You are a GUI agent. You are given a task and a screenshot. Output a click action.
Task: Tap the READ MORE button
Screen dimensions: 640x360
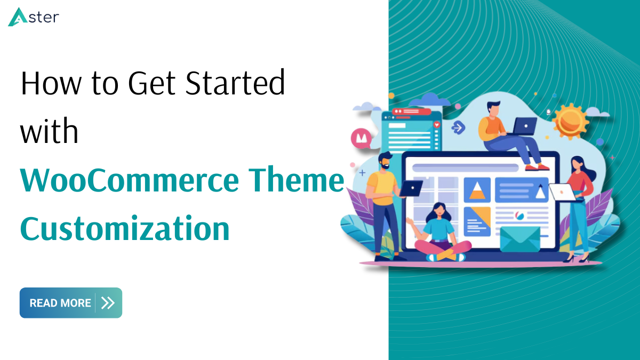[x=71, y=303]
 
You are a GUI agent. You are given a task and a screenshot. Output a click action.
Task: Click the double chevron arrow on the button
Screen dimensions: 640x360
[x=108, y=303]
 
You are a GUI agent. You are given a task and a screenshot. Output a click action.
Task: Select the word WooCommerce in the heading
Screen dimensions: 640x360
[x=130, y=181]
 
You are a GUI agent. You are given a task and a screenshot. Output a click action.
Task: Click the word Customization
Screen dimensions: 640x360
[x=125, y=229]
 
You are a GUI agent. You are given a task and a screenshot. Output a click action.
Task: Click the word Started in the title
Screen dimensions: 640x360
[x=235, y=82]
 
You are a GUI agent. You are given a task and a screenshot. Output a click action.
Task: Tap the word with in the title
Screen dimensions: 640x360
[x=49, y=131]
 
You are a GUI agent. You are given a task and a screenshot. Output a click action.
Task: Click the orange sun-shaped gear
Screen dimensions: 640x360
[x=570, y=121]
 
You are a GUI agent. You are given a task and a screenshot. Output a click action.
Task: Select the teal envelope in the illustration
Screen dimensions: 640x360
[x=521, y=239]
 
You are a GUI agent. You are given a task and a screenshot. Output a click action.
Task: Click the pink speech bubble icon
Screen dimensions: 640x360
[x=362, y=139]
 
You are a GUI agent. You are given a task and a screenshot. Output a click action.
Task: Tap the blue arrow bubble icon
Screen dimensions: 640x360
[x=458, y=127]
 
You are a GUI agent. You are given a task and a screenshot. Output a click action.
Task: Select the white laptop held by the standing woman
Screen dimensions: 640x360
[x=563, y=193]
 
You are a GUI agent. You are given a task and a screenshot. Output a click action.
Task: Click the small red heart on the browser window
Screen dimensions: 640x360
[x=437, y=125]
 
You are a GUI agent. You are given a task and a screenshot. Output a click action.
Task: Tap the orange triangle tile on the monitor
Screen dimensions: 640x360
[x=477, y=190]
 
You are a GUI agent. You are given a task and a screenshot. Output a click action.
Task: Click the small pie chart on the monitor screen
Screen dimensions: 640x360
[x=519, y=215]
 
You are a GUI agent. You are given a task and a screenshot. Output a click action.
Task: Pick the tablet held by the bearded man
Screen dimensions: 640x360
[x=411, y=189]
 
